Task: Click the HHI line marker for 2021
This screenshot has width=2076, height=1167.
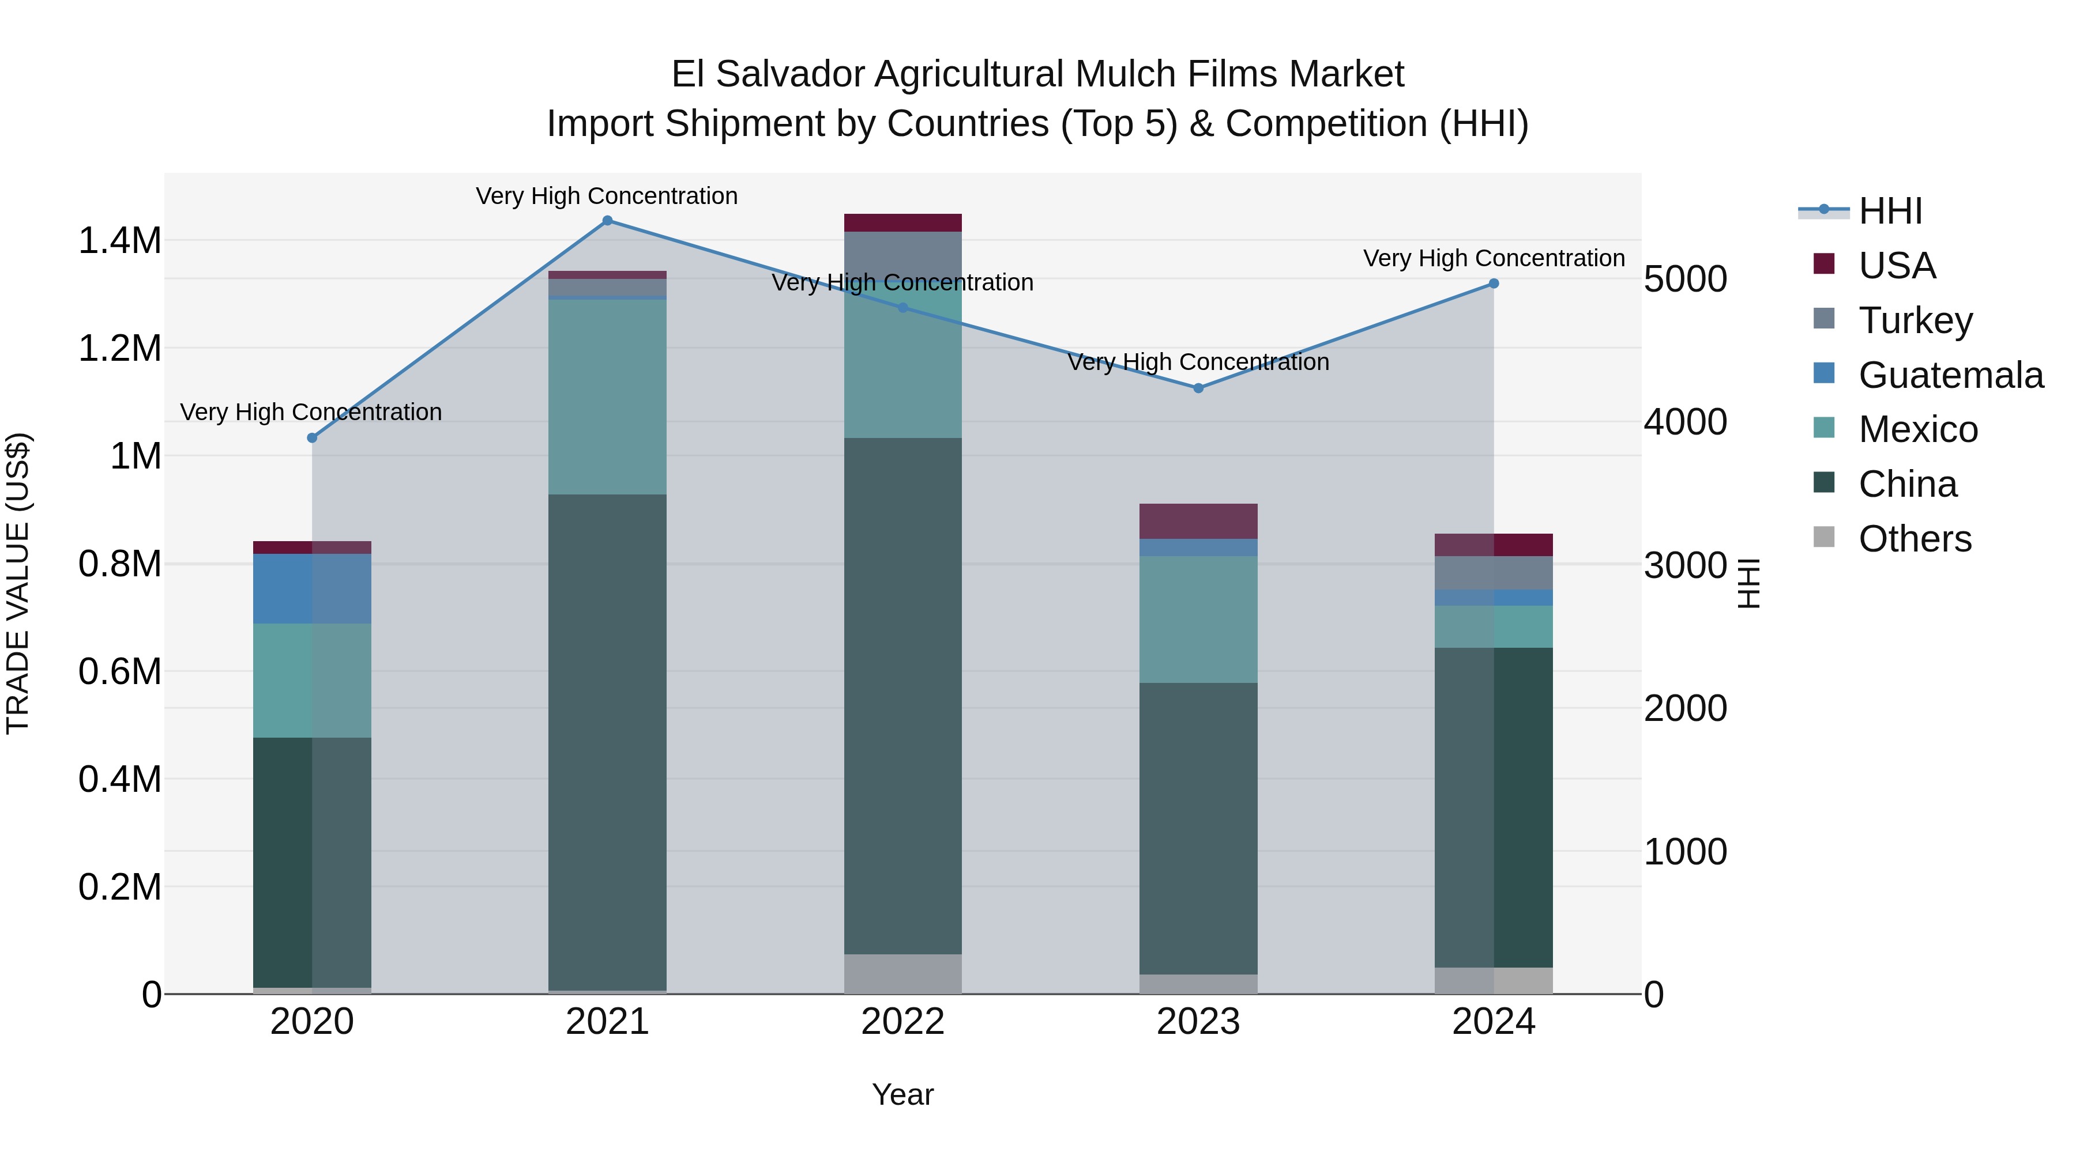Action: pyautogui.click(x=608, y=221)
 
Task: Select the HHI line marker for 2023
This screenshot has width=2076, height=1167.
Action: pyautogui.click(x=1198, y=388)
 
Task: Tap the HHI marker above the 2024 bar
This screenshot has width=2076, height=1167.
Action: pyautogui.click(x=1494, y=284)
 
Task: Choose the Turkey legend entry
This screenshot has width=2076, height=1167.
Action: pyautogui.click(x=1915, y=320)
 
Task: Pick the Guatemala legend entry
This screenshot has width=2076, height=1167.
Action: pyautogui.click(x=1950, y=375)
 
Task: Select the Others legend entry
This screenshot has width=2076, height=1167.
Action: pyautogui.click(x=1914, y=539)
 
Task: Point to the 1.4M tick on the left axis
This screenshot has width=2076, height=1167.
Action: pyautogui.click(x=120, y=241)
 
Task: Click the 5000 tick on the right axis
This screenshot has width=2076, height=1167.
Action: pyautogui.click(x=1685, y=280)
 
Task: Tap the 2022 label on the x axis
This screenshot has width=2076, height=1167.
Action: pyautogui.click(x=902, y=1022)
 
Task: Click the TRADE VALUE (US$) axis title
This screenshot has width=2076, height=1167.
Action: pyautogui.click(x=18, y=583)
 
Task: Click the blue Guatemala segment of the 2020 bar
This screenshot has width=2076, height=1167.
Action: pyautogui.click(x=312, y=589)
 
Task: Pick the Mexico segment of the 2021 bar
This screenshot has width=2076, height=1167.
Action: pyautogui.click(x=608, y=396)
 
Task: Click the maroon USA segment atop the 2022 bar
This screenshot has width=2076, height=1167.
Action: pyautogui.click(x=902, y=223)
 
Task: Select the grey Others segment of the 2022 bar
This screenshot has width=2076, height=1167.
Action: pyautogui.click(x=902, y=974)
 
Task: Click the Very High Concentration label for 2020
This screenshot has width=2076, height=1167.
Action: pyautogui.click(x=311, y=413)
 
